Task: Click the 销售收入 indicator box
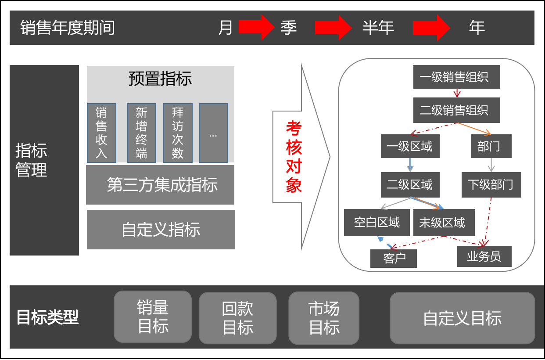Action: click(101, 133)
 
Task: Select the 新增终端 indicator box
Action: click(141, 133)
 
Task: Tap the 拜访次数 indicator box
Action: click(178, 133)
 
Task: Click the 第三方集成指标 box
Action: click(160, 185)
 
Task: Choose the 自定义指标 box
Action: click(161, 230)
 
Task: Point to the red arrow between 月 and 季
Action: click(256, 27)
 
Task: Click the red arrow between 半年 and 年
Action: click(431, 27)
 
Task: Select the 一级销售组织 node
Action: click(457, 77)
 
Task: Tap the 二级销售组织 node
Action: click(457, 110)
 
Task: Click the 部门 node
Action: click(491, 146)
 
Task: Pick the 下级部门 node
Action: click(491, 184)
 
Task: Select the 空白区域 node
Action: click(377, 223)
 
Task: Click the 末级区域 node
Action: click(445, 223)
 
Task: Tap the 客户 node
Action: click(393, 258)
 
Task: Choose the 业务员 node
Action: click(484, 256)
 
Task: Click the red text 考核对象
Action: click(294, 157)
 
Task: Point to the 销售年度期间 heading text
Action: click(68, 28)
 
